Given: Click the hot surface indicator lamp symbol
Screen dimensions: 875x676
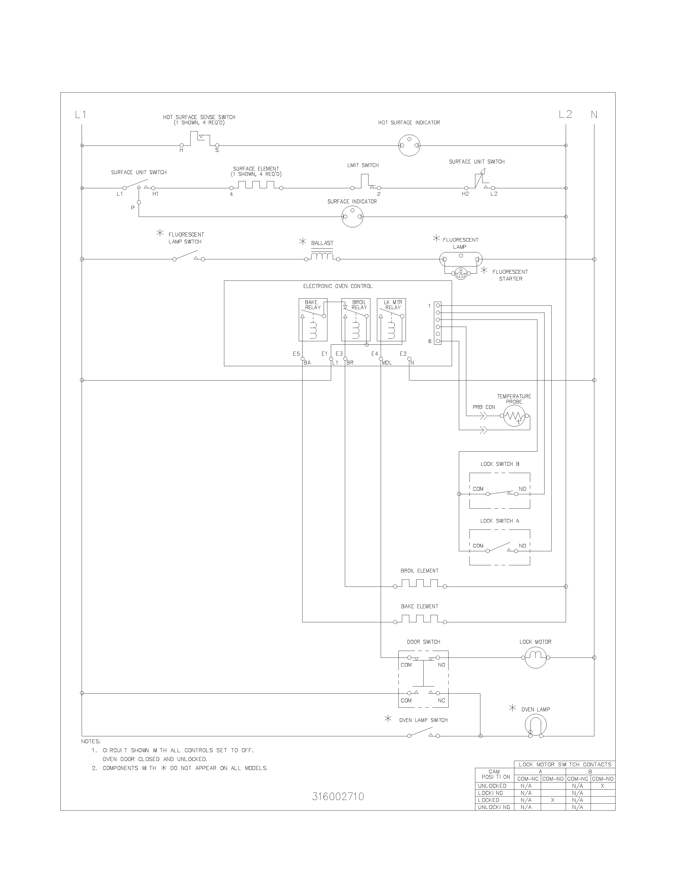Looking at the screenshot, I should pos(409,145).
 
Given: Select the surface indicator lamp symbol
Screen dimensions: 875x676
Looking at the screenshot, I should pos(352,217).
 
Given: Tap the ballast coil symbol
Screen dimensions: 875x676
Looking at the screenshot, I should pos(322,256).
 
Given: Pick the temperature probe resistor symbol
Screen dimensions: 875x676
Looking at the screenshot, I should pos(514,416).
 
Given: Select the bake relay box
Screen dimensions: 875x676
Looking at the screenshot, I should pos(313,320).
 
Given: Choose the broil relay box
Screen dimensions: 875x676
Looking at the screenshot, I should pos(355,320).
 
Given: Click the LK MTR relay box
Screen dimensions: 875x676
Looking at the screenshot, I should pos(391,320).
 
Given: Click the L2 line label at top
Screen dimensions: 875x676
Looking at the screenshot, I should pos(565,115).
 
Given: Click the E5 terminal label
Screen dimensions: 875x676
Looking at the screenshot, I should pos(296,354).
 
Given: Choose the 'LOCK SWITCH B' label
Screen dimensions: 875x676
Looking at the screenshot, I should pos(500,464).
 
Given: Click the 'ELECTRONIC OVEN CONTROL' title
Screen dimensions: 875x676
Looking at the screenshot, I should pos(337,286).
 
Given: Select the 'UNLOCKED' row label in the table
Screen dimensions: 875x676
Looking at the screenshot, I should pos(492,786).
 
